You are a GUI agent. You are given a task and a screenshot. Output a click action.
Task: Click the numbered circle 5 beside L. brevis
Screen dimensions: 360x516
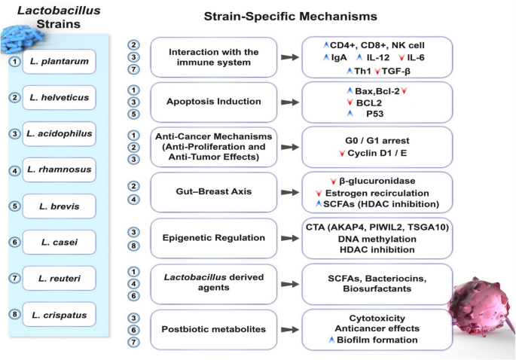[x=14, y=206]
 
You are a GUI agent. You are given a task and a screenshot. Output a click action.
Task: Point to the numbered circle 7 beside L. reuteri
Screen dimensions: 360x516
[x=14, y=279]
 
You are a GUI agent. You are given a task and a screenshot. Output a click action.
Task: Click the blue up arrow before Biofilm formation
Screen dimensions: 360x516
[x=331, y=340]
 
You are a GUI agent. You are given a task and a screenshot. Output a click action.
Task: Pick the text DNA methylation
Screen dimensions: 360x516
[x=376, y=238]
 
